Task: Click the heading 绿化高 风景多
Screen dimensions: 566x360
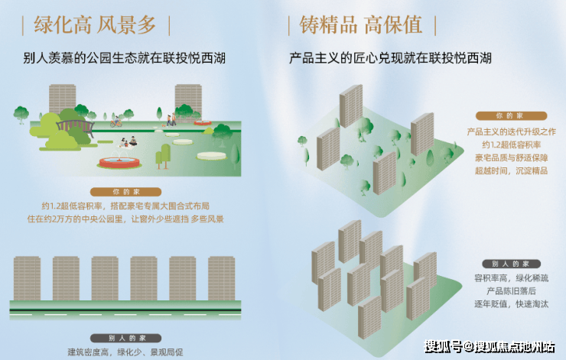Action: coord(95,25)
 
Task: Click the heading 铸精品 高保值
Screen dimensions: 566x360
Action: coord(361,25)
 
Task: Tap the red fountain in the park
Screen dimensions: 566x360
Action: coord(119,161)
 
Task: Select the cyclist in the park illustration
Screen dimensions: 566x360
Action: coord(115,122)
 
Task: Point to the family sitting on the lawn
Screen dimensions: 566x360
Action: coord(128,142)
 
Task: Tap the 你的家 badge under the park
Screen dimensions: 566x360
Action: coord(125,192)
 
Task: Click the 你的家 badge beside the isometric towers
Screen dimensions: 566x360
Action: coord(511,115)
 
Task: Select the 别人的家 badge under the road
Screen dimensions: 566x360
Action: coord(125,339)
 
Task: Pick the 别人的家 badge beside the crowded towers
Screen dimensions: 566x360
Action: coord(511,264)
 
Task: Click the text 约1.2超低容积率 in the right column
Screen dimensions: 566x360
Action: coord(511,145)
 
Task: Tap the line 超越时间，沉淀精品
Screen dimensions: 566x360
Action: coord(511,170)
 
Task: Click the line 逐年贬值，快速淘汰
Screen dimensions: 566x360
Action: coord(511,304)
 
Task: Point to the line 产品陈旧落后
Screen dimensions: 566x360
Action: coord(511,291)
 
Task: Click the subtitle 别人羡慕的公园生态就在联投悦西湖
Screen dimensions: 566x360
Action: coord(124,58)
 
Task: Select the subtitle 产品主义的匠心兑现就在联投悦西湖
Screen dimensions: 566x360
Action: coord(390,58)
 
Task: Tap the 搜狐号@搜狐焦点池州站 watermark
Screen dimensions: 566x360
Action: coord(489,347)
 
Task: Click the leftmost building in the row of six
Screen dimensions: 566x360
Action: coord(27,278)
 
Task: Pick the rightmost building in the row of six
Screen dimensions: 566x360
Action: coord(221,278)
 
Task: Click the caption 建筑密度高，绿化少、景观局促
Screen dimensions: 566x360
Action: coord(125,352)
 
